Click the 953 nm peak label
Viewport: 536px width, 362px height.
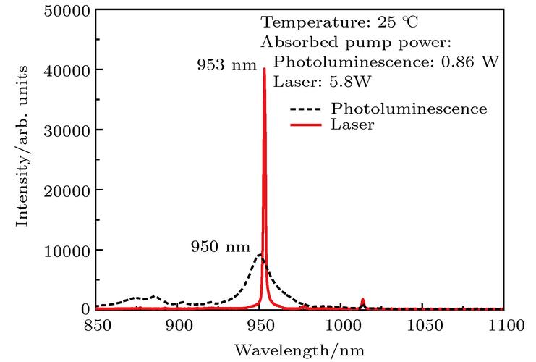tap(226, 64)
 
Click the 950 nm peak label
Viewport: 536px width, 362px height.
tap(221, 246)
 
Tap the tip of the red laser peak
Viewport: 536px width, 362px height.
tap(264, 69)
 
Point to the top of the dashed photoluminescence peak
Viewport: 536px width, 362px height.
tap(260, 254)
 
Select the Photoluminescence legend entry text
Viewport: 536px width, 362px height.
tap(409, 109)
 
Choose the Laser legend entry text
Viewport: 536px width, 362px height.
tap(352, 125)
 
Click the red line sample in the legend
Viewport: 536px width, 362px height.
tap(306, 125)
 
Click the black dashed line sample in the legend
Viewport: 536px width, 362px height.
tap(306, 109)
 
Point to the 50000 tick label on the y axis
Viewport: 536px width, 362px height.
tap(67, 11)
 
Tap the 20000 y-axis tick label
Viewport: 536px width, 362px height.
tap(67, 191)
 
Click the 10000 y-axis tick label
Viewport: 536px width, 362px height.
tap(67, 251)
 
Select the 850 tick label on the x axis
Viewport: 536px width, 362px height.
tap(98, 325)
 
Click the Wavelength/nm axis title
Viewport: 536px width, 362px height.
tap(299, 350)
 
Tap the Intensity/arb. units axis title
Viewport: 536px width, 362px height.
tap(22, 146)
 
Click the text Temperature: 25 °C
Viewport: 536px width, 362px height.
tap(339, 22)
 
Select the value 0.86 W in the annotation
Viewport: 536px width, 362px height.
tap(470, 62)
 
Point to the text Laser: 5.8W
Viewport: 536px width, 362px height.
tap(322, 82)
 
